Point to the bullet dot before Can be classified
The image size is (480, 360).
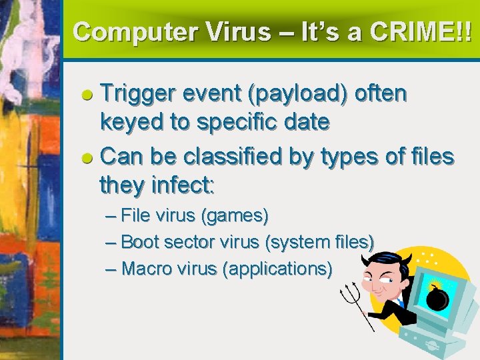coord(87,159)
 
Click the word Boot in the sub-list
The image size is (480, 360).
coord(141,242)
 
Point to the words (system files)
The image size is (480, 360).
coord(319,242)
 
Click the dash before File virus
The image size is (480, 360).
coord(111,217)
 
